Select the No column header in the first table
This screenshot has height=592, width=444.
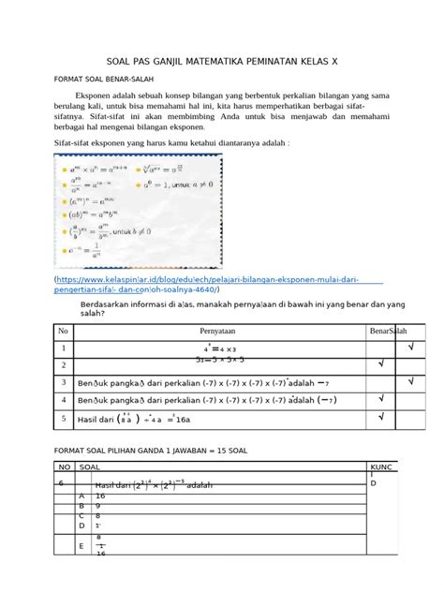64,332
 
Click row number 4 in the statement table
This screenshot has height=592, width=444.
63,400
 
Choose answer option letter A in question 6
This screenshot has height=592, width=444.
82,496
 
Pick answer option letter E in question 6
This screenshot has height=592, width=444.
82,545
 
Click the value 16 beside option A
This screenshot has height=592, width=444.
101,496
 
